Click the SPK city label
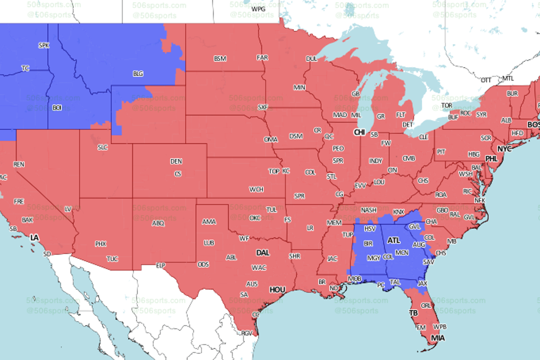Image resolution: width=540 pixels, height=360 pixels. click(44, 45)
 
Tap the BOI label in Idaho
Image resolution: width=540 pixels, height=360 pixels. click(57, 107)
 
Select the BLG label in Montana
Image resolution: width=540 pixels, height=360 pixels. click(138, 74)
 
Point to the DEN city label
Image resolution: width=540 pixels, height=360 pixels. click(176, 161)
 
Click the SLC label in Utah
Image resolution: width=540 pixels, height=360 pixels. click(103, 147)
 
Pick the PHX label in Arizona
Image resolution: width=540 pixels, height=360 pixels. click(100, 244)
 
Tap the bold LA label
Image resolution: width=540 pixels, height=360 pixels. click(34, 238)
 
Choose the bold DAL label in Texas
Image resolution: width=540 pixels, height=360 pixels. click(263, 253)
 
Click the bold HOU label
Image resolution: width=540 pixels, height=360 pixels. click(277, 290)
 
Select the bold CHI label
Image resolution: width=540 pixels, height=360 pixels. click(359, 132)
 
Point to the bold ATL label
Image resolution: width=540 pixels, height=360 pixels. click(394, 240)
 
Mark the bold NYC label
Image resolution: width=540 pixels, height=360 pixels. click(504, 149)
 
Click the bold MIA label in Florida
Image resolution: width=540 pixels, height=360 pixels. click(437, 338)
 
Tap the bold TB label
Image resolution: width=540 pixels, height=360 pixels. click(413, 313)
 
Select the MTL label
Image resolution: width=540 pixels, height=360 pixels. click(508, 78)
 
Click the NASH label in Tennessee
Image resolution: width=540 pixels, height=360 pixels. click(369, 210)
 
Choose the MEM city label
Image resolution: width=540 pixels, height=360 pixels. click(334, 222)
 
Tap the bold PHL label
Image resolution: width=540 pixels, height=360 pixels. click(491, 159)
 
